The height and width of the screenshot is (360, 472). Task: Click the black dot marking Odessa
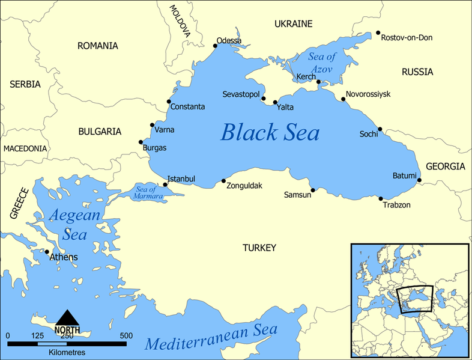(x=216, y=45)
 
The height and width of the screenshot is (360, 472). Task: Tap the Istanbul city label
(x=181, y=178)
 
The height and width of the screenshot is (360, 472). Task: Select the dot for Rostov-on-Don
(x=378, y=33)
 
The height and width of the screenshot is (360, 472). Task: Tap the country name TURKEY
(x=259, y=248)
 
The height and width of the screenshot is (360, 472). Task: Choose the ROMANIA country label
(x=97, y=46)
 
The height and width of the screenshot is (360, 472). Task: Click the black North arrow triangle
(x=67, y=317)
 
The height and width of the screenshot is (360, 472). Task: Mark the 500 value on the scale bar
(x=126, y=335)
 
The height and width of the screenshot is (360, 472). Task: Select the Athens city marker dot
(x=47, y=252)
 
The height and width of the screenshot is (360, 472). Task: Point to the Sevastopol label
(x=241, y=95)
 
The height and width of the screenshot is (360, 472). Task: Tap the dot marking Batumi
(x=419, y=180)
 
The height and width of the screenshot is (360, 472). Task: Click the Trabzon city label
(x=396, y=205)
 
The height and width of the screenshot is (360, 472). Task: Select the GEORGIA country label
(x=445, y=166)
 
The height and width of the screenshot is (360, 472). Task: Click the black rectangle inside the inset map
(x=415, y=299)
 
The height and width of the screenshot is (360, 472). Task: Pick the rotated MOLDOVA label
(x=179, y=22)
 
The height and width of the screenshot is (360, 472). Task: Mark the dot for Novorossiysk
(x=343, y=99)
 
